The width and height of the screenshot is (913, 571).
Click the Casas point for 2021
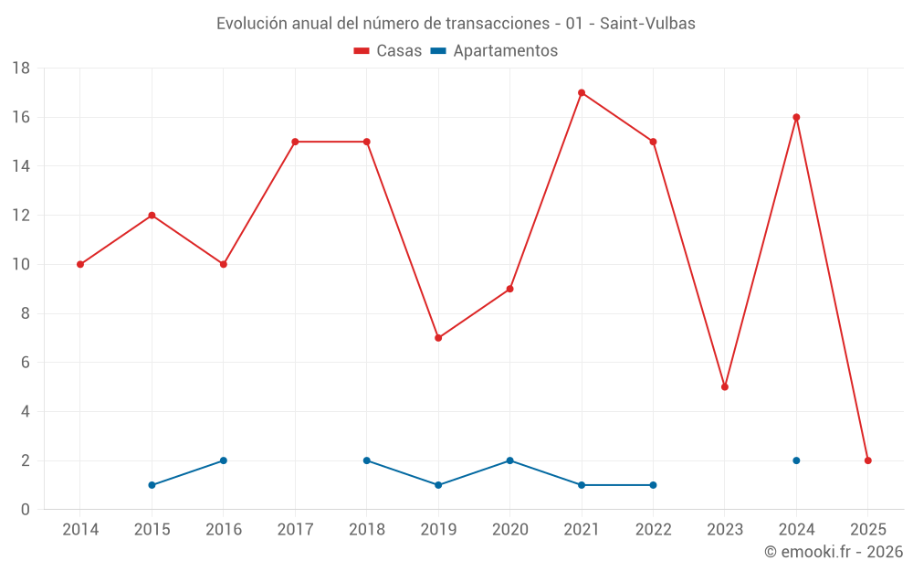click(x=582, y=92)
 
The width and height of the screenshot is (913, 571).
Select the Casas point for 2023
click(x=725, y=386)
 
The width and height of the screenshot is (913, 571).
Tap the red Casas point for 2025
click(x=868, y=460)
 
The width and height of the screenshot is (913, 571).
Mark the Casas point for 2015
click(x=152, y=216)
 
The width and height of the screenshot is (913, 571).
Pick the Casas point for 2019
click(x=438, y=338)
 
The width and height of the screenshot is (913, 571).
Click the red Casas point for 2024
click(x=796, y=117)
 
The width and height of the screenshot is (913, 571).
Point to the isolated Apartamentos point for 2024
click(x=796, y=460)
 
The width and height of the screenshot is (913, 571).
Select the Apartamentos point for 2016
click(x=224, y=460)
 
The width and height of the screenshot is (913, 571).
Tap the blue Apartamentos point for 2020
click(x=510, y=460)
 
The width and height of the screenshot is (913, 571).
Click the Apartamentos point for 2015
click(x=152, y=485)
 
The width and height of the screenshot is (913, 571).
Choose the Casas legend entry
click(x=388, y=51)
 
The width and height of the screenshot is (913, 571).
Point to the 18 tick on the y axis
click(x=21, y=69)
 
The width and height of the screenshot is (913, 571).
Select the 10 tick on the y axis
click(x=21, y=265)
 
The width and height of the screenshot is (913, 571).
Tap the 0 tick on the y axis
click(x=26, y=510)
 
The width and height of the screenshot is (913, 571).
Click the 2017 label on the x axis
click(x=295, y=530)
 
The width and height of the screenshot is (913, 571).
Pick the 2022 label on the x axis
click(x=653, y=530)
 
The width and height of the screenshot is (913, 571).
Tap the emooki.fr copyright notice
click(x=834, y=552)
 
